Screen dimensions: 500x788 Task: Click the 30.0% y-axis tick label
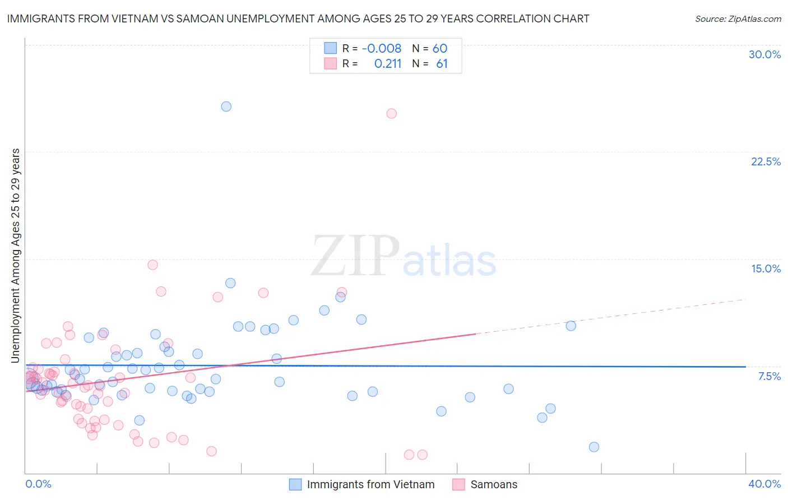[764, 54]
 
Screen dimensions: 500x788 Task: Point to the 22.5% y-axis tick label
[766, 161]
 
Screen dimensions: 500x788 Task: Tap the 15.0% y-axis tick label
[766, 268]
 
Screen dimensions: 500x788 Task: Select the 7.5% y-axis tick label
[769, 376]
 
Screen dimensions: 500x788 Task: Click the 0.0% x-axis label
[38, 484]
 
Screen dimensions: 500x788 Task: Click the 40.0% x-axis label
[764, 484]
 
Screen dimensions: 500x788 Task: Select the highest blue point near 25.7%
[226, 107]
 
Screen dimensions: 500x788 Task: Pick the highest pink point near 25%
[391, 113]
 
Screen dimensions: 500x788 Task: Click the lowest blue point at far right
[594, 447]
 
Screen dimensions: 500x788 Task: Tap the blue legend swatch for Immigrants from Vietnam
[295, 484]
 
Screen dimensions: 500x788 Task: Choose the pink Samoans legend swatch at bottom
[458, 484]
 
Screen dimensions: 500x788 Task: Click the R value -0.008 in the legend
[381, 49]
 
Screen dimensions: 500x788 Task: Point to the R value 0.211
[388, 64]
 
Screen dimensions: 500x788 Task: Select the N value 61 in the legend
[442, 64]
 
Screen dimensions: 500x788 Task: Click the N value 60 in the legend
[439, 49]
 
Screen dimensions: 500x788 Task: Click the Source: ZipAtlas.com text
[738, 19]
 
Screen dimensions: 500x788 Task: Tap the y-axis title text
[16, 255]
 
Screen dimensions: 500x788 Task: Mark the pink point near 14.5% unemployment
[152, 265]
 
